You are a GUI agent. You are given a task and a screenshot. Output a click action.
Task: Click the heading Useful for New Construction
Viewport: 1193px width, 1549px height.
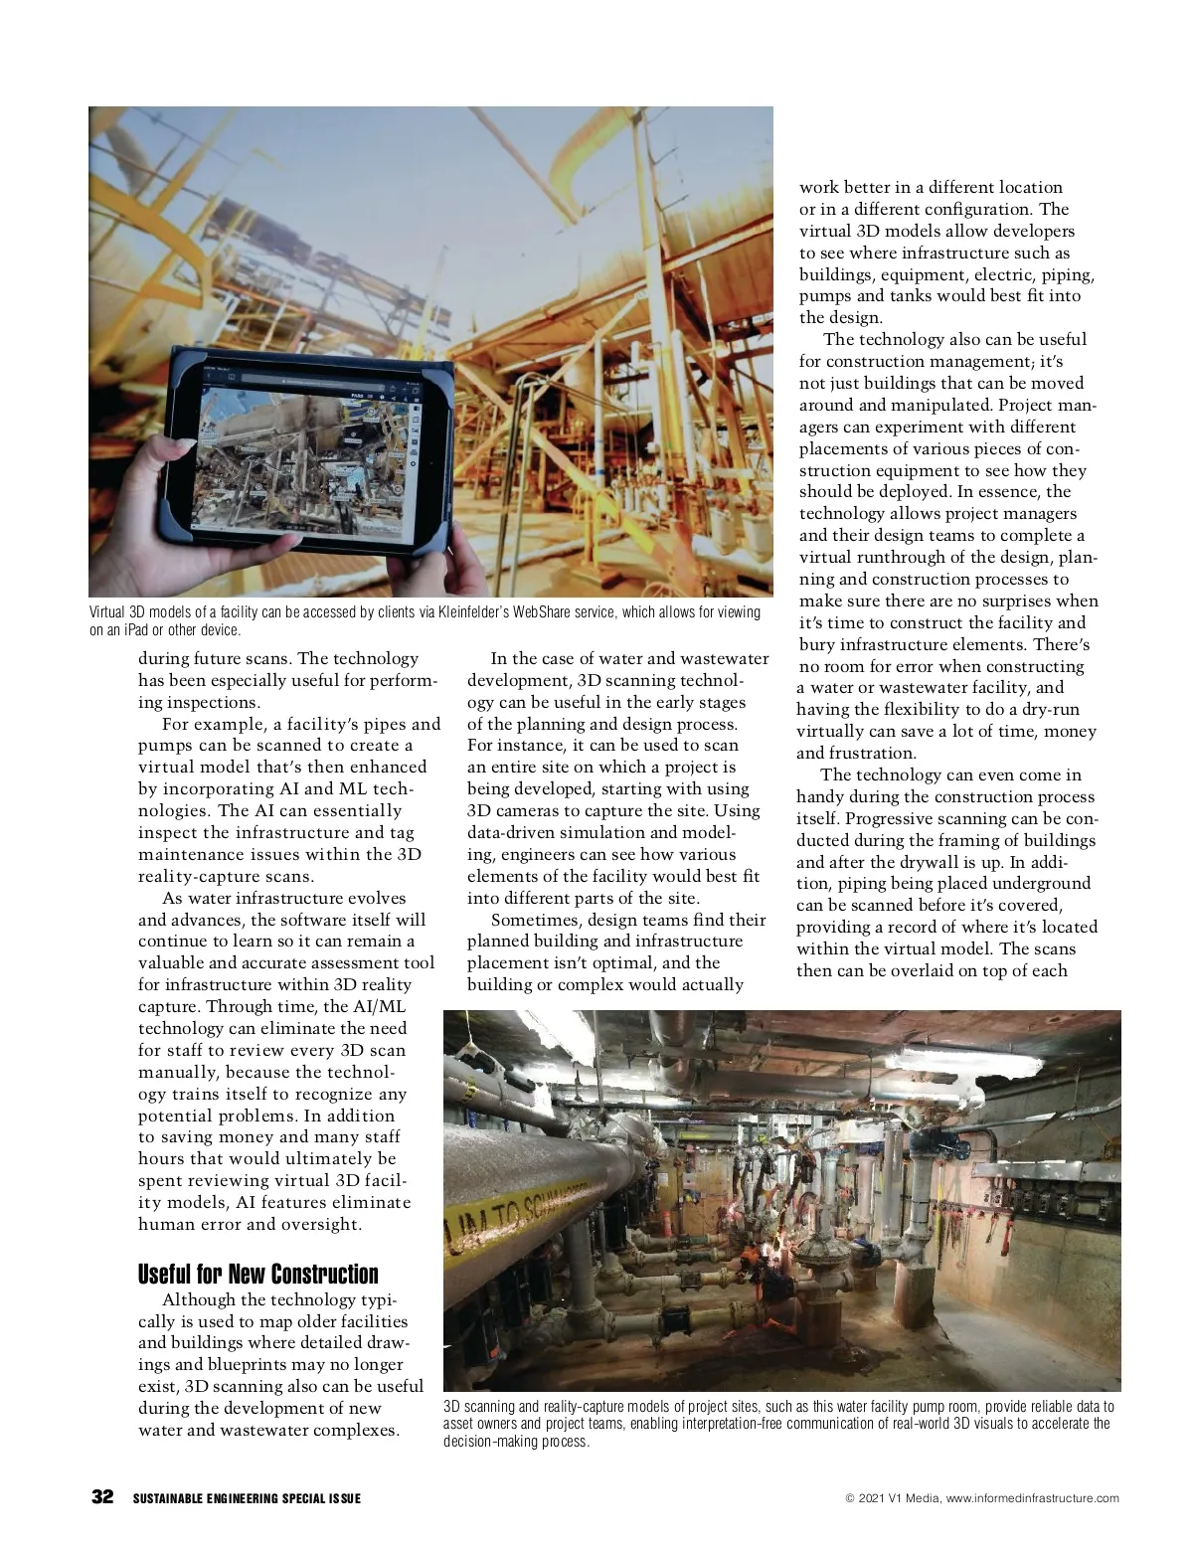click(x=257, y=1275)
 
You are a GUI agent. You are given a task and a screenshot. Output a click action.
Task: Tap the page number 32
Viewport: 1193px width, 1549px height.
click(x=102, y=1498)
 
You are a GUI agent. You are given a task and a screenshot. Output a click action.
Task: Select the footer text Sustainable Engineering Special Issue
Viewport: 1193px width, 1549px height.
click(x=247, y=1499)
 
